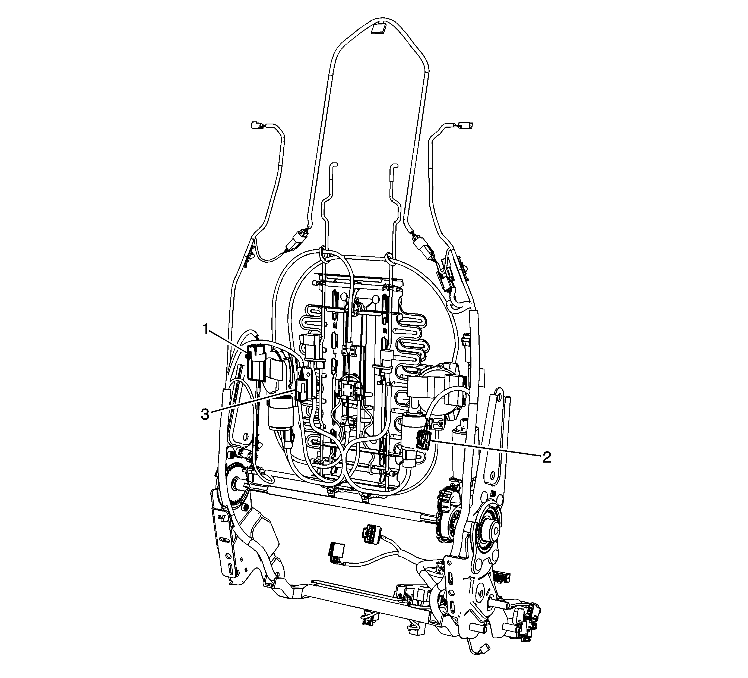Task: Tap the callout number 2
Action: [547, 457]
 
